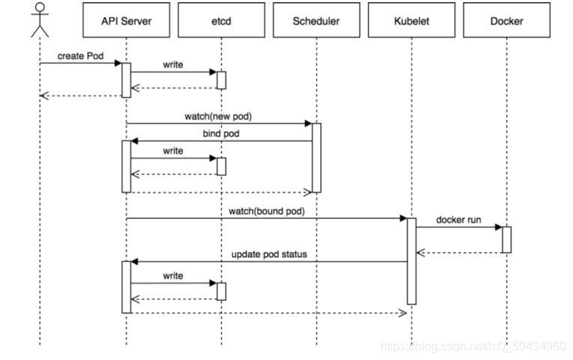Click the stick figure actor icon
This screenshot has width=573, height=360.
(x=40, y=20)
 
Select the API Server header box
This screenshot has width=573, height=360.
(x=127, y=20)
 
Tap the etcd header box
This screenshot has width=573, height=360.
(x=221, y=20)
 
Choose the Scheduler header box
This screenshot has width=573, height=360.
(x=316, y=20)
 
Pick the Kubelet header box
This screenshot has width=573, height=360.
(x=412, y=20)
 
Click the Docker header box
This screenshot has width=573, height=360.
(x=507, y=20)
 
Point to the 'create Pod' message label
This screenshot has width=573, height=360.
(x=80, y=56)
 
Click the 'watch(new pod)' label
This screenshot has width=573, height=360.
(x=218, y=116)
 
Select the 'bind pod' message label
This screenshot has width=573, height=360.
(x=221, y=133)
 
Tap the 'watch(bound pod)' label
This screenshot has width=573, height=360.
(x=267, y=211)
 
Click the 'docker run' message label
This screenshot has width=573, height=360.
(x=458, y=220)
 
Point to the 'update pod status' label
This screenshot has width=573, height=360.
(x=269, y=254)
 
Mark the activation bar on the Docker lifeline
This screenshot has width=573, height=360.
(x=507, y=240)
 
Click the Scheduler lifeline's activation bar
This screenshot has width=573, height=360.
(x=316, y=158)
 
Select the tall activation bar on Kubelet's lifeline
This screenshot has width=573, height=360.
(x=412, y=261)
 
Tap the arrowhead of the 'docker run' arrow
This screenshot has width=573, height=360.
(x=499, y=227)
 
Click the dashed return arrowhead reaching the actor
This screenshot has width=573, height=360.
(x=43, y=96)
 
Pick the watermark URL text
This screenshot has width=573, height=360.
(x=473, y=346)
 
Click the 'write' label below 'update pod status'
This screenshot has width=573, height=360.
(x=172, y=275)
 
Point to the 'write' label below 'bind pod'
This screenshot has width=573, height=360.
(x=172, y=151)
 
